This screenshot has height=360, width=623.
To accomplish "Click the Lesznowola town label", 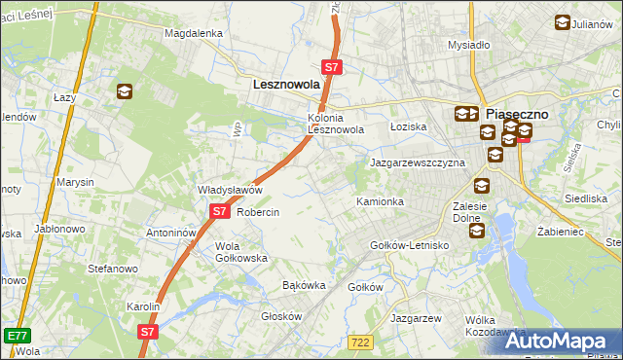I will [x=286, y=85].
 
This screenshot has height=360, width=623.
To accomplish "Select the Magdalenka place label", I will [x=194, y=32].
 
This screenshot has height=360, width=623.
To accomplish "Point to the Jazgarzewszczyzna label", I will [x=417, y=162].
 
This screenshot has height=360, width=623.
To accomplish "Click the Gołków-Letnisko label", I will [x=409, y=245].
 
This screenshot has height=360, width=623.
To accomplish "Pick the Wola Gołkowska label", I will [x=241, y=252].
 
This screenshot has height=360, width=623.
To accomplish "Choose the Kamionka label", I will [x=380, y=201].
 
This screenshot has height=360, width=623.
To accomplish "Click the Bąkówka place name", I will [x=303, y=286].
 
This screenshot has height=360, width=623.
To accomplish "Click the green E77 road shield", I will [x=16, y=335].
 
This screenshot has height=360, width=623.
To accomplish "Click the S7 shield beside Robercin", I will [x=220, y=210].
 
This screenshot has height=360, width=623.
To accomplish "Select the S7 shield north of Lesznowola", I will [x=332, y=67].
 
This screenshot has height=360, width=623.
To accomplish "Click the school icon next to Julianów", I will [x=563, y=23].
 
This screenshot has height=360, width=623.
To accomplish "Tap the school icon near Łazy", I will [x=125, y=92].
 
